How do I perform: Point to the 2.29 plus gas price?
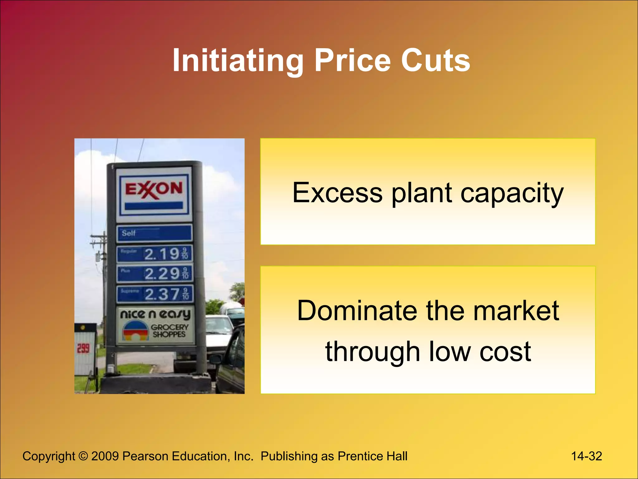coord(162,274)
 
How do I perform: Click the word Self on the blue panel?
coord(129,233)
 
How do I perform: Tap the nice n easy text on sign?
coord(155,314)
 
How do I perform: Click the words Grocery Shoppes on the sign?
coord(170,331)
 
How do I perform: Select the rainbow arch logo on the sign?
coord(135,331)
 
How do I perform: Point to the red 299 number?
coord(83,348)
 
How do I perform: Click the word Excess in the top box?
coord(337,193)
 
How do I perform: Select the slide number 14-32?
coord(586,456)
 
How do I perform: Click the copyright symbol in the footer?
coord(83,456)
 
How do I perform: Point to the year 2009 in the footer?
coord(105,456)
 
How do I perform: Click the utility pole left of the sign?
coord(103,265)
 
